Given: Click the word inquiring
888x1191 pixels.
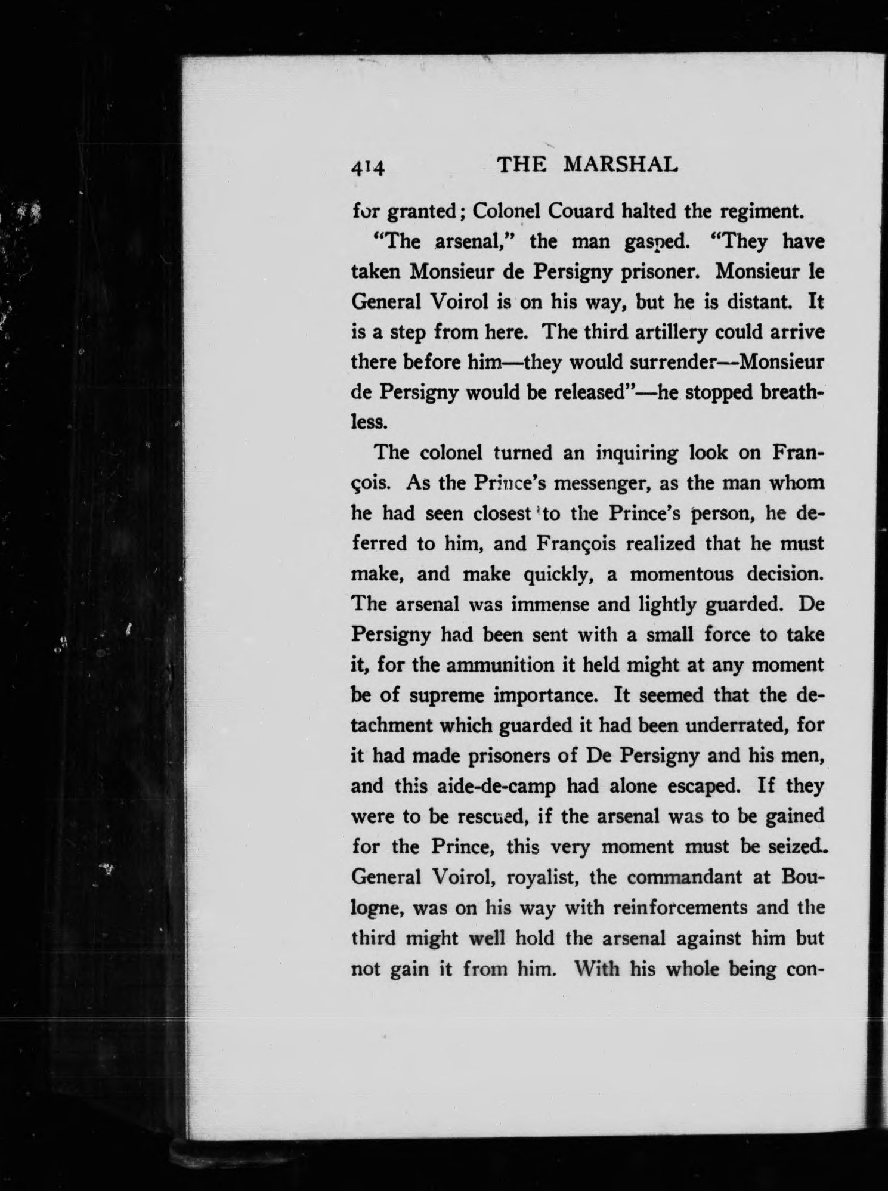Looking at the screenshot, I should [637, 453].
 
